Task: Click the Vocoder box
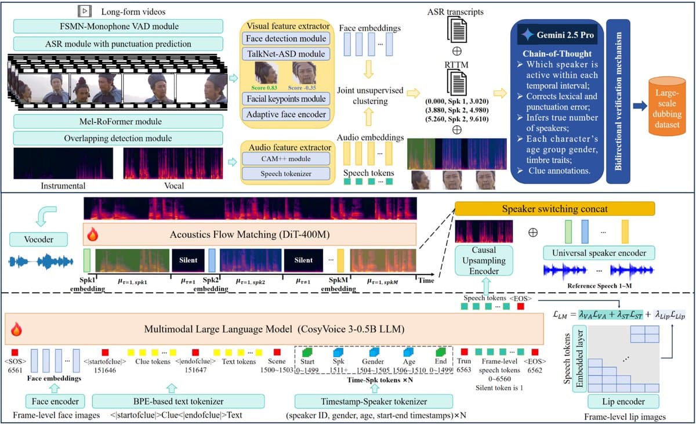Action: tap(38, 238)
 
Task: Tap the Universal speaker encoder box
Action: tap(599, 252)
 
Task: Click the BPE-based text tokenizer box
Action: tap(178, 401)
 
